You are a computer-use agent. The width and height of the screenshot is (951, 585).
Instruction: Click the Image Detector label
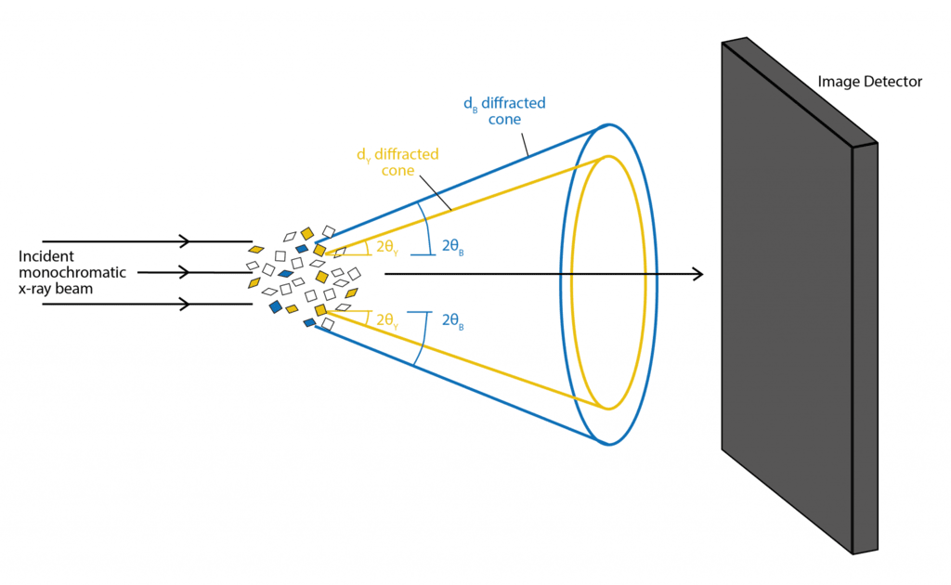pos(869,82)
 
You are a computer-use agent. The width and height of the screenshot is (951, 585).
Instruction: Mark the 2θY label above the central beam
pos(387,247)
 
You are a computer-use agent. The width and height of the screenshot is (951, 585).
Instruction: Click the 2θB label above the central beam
pos(452,246)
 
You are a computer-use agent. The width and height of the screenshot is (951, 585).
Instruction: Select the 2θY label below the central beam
pos(387,319)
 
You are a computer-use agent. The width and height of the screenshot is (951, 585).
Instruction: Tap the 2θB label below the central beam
pos(452,319)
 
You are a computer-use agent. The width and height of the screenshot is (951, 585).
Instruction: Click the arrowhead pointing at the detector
pos(697,274)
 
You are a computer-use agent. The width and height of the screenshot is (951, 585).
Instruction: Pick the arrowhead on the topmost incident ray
pos(184,241)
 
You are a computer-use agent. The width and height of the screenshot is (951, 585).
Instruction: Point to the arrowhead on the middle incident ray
pos(184,272)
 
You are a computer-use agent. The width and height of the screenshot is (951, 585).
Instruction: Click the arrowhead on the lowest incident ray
pos(184,304)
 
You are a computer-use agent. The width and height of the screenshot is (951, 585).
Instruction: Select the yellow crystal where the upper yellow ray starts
pos(319,250)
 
